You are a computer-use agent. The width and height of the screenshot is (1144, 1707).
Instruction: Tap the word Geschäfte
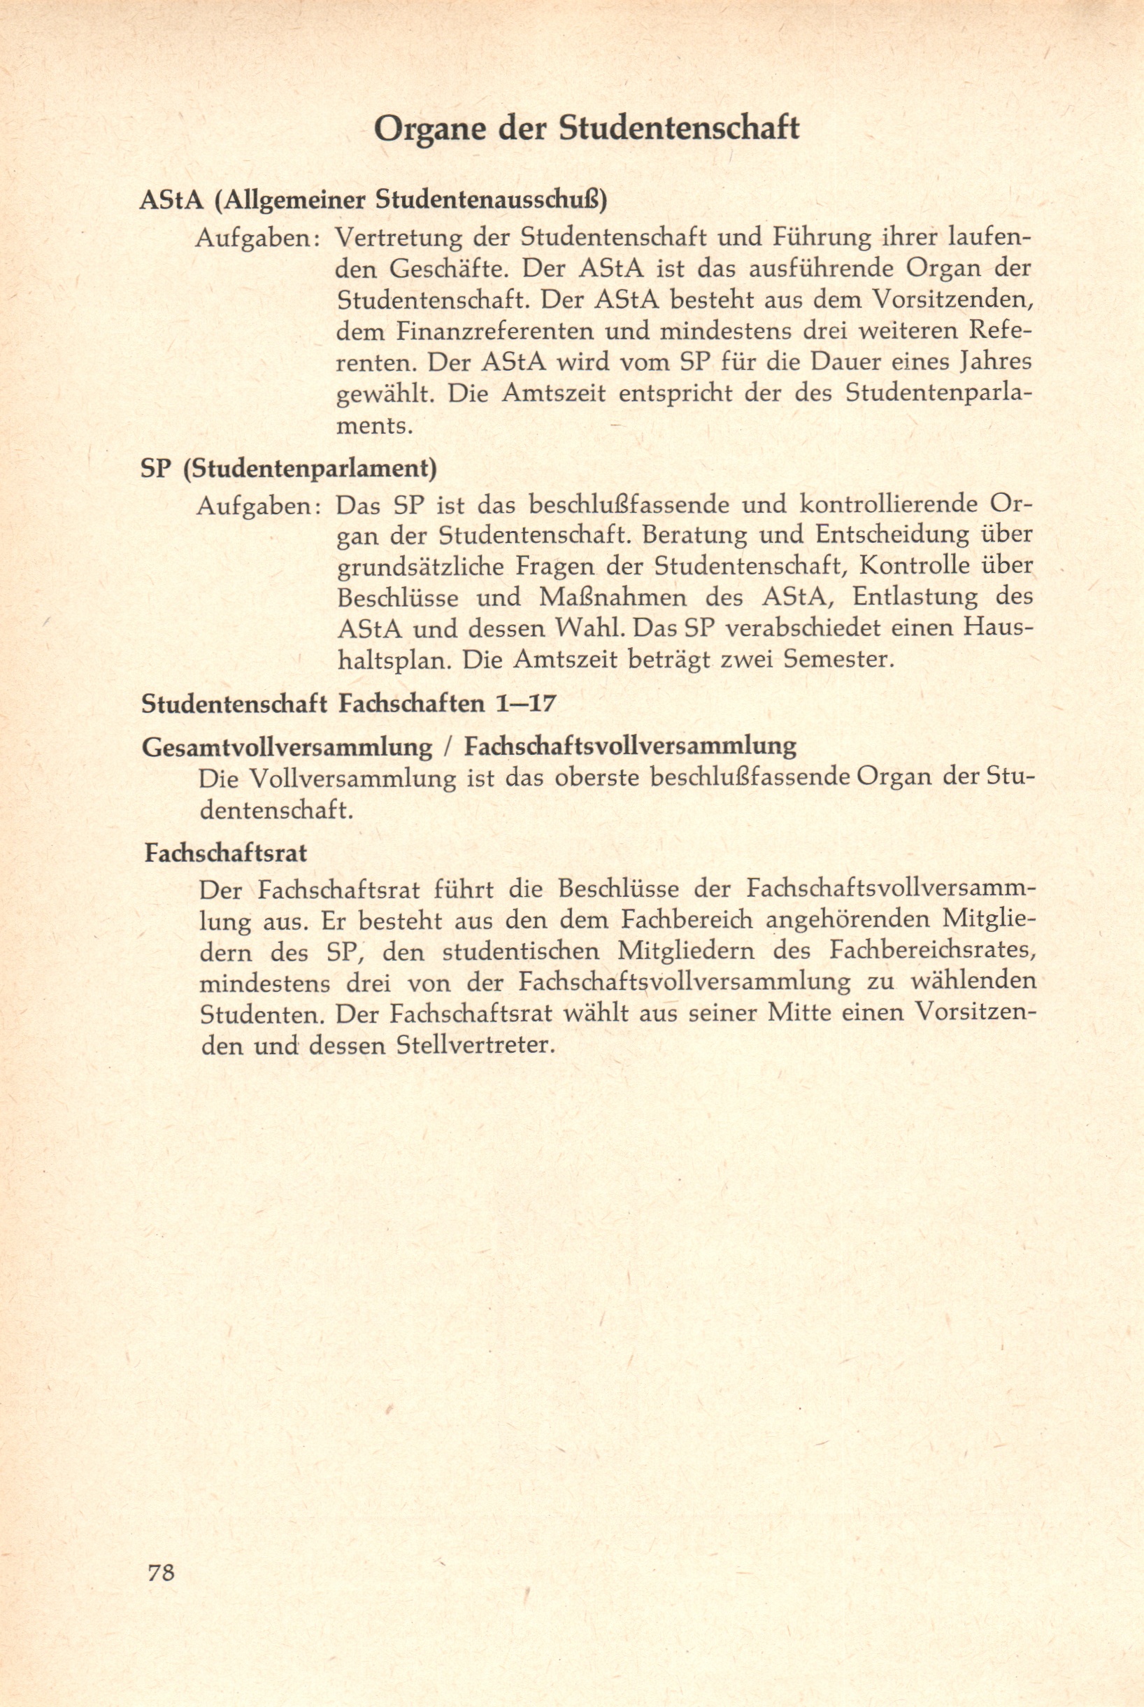(450, 269)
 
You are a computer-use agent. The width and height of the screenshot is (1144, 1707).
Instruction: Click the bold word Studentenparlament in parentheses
(310, 468)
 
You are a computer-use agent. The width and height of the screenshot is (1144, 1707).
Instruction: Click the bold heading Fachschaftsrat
(225, 853)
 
